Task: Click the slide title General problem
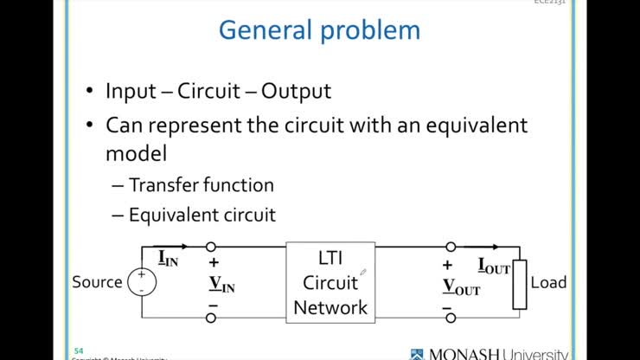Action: (319, 30)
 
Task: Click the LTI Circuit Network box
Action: (330, 281)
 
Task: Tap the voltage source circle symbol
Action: (142, 281)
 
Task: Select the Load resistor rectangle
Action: (519, 284)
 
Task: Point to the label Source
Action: (97, 282)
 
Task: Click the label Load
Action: (548, 282)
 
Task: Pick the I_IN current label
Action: (168, 258)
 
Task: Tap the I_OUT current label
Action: (494, 267)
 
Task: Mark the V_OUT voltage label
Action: (461, 287)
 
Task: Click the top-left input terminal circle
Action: (211, 247)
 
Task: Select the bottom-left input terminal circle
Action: (211, 318)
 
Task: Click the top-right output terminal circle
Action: (451, 247)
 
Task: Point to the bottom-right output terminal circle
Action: (451, 318)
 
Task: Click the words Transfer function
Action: (202, 184)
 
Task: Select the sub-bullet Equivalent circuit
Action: (202, 215)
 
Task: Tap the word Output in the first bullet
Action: (296, 91)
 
